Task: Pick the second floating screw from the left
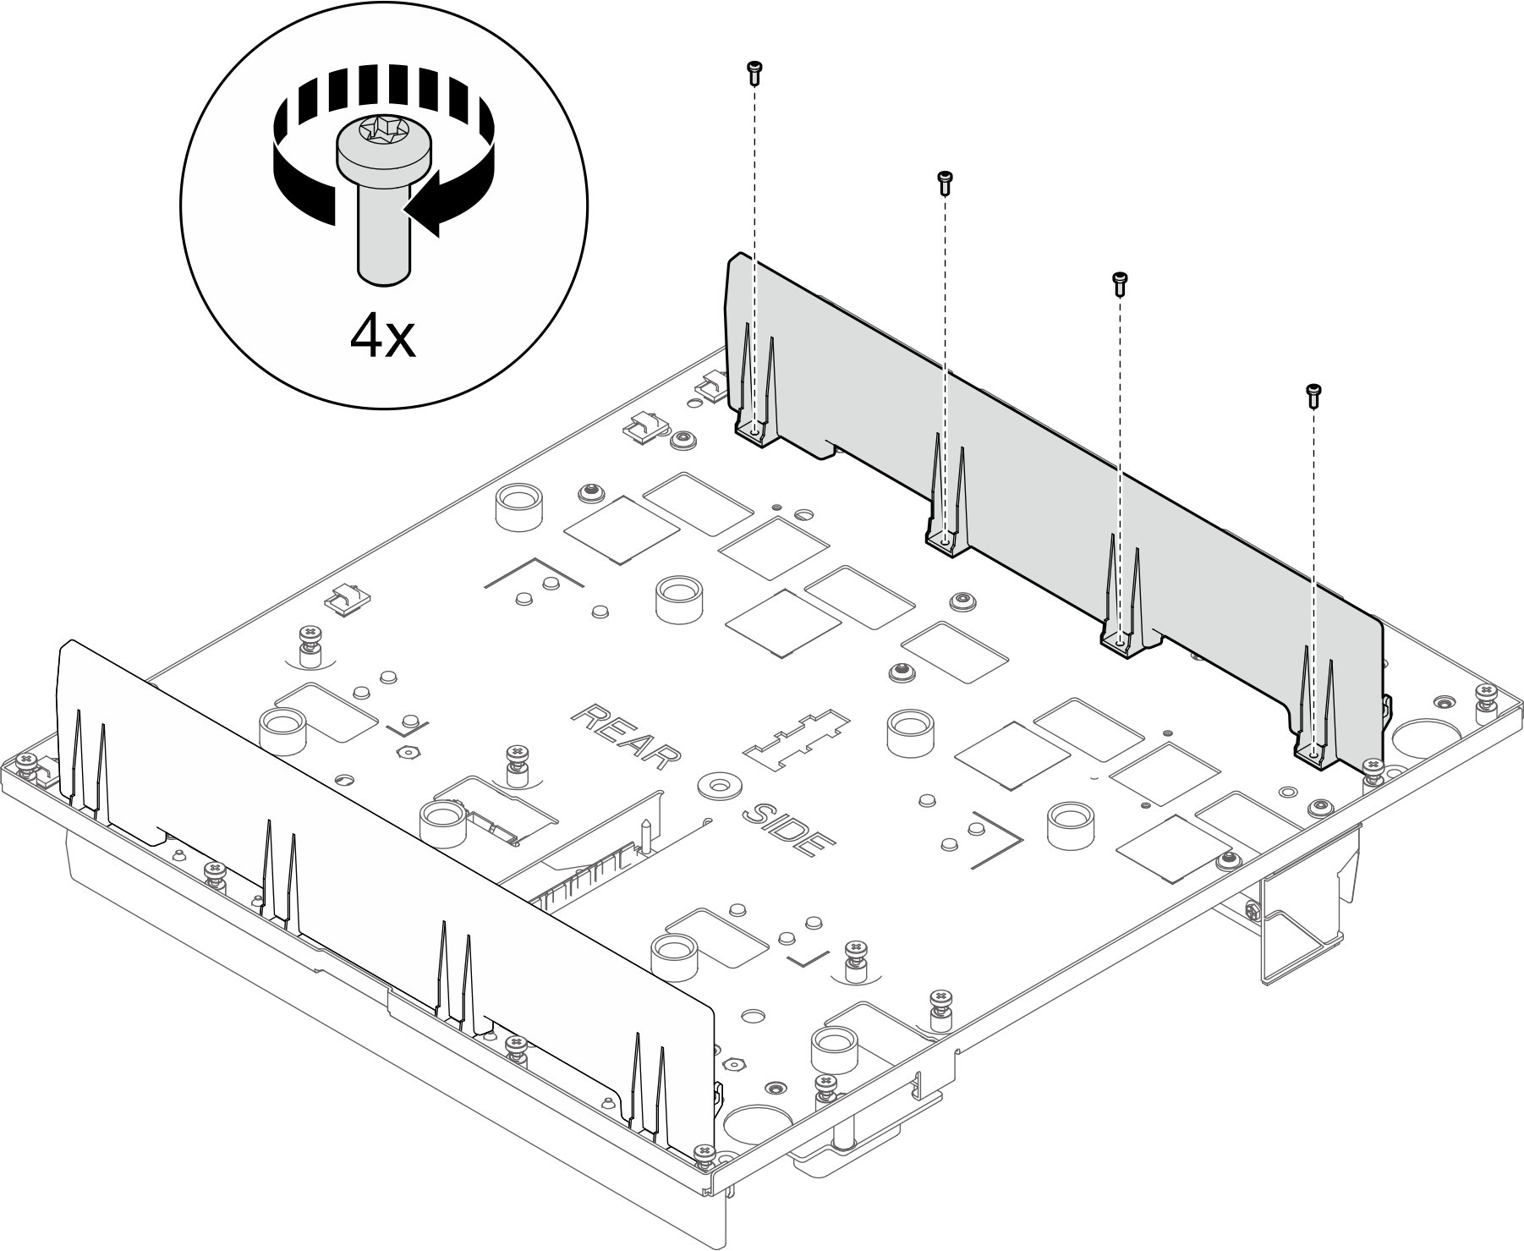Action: click(945, 182)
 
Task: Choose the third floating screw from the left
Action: click(1120, 283)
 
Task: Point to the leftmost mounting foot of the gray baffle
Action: click(754, 431)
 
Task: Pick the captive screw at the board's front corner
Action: click(701, 1154)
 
